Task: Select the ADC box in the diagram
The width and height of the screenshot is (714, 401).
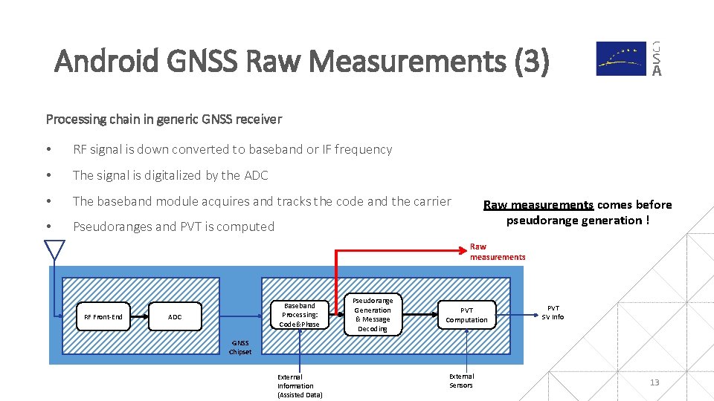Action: (x=175, y=317)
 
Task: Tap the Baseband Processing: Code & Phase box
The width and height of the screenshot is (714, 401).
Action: (x=299, y=315)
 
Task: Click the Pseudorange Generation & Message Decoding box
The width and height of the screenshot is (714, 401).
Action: (x=373, y=315)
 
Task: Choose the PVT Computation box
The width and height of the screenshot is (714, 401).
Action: (x=466, y=315)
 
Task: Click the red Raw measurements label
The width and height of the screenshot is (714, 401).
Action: (x=497, y=252)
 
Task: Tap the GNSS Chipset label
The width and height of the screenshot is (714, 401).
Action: (x=239, y=348)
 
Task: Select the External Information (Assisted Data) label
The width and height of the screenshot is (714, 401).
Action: (x=299, y=385)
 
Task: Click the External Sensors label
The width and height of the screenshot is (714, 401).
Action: (x=461, y=381)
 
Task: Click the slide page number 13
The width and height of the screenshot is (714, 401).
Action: (x=654, y=382)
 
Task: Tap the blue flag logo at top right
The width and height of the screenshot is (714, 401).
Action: (x=621, y=59)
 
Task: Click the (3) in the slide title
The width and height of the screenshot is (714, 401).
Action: (x=531, y=62)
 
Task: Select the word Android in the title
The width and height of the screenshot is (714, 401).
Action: (x=106, y=62)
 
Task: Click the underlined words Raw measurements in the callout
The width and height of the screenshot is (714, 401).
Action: (x=538, y=205)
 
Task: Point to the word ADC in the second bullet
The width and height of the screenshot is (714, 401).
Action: (x=256, y=175)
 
